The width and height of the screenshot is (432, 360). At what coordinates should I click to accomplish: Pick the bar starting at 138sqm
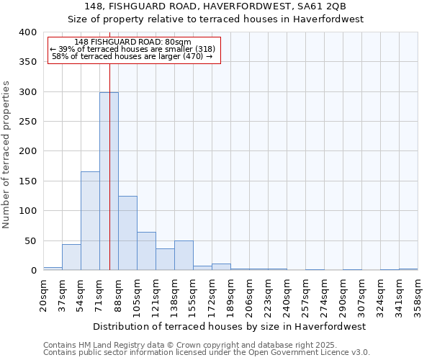click(184, 256)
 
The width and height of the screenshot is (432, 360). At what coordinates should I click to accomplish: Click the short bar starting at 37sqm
click(71, 257)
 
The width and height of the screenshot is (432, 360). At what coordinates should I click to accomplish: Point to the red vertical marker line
click(109, 144)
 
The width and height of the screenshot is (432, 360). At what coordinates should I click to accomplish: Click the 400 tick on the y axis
click(27, 32)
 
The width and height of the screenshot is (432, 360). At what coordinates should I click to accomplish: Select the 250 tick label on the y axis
click(27, 122)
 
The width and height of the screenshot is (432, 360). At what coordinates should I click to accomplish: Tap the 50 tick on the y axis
click(30, 240)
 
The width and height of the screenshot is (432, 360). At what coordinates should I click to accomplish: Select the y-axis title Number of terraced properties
click(7, 155)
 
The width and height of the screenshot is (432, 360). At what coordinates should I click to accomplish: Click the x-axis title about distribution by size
click(230, 326)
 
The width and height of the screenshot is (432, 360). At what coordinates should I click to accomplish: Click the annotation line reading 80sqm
click(133, 42)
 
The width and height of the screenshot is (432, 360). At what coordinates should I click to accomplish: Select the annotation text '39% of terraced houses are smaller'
click(133, 49)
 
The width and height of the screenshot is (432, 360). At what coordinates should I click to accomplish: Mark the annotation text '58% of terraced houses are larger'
click(133, 56)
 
